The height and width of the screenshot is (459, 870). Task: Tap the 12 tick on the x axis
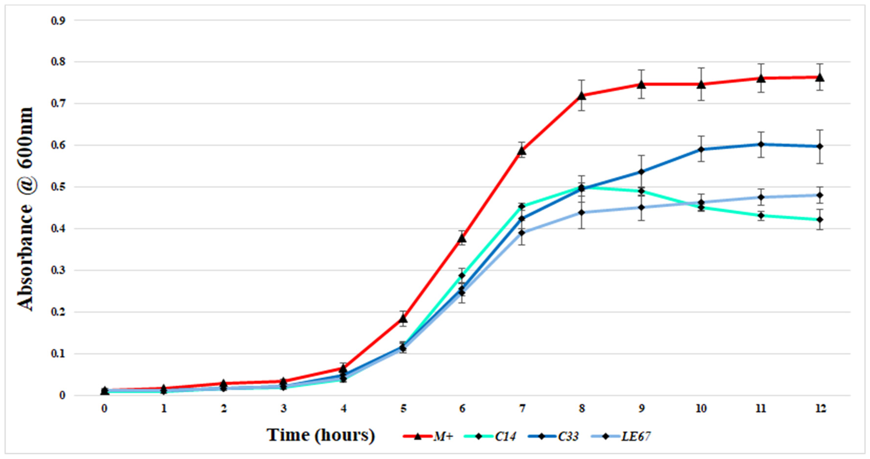click(x=820, y=409)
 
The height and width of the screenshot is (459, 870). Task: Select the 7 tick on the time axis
click(x=522, y=409)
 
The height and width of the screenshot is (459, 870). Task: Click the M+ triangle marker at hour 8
click(x=582, y=96)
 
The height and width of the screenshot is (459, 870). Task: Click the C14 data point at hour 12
click(x=820, y=220)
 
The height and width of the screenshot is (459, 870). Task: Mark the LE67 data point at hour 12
click(x=820, y=195)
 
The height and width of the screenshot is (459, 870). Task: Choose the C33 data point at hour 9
click(x=641, y=172)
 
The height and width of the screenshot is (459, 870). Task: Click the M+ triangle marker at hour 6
click(x=462, y=238)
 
